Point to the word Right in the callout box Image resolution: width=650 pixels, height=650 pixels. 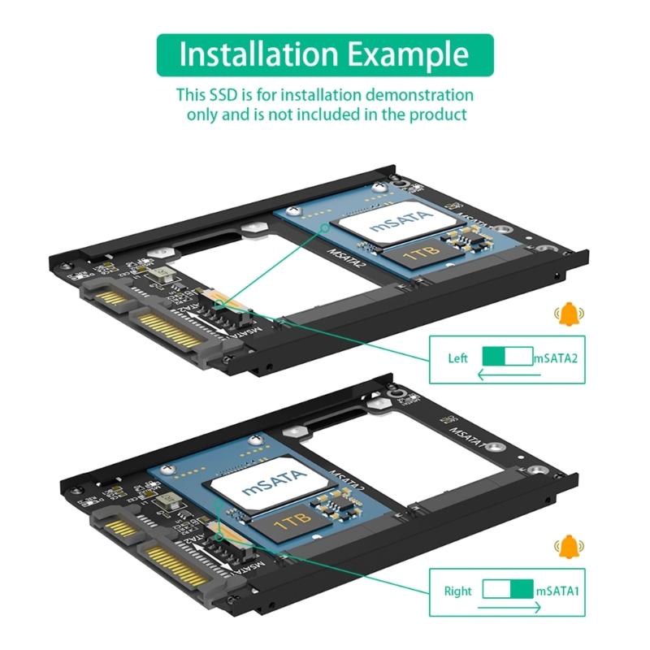(457, 591)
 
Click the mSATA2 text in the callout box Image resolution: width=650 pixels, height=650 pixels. (556, 358)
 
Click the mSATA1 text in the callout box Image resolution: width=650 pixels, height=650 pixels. (557, 591)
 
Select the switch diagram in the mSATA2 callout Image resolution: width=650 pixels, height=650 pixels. (506, 357)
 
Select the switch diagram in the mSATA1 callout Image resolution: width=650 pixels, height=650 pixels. (508, 590)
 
